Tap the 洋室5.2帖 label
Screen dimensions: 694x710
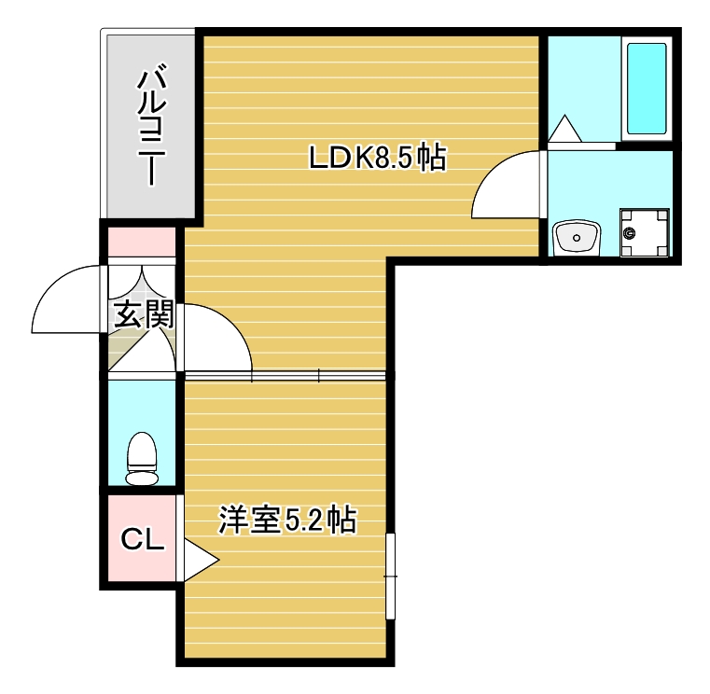pyautogui.click(x=287, y=520)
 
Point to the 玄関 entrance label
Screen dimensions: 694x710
pyautogui.click(x=143, y=314)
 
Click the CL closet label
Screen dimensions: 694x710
pyautogui.click(x=143, y=539)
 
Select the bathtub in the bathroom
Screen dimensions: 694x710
pyautogui.click(x=646, y=89)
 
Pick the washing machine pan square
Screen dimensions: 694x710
pyautogui.click(x=645, y=232)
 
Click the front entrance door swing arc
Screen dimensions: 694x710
pyautogui.click(x=65, y=300)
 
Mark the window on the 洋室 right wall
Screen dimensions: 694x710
pyautogui.click(x=391, y=575)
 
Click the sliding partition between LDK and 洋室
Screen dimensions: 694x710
pyautogui.click(x=285, y=375)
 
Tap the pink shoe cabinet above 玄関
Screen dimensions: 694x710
pyautogui.click(x=142, y=243)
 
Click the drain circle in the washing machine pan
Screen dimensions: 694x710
pyautogui.click(x=632, y=232)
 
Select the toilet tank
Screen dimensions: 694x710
pyautogui.click(x=142, y=478)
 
